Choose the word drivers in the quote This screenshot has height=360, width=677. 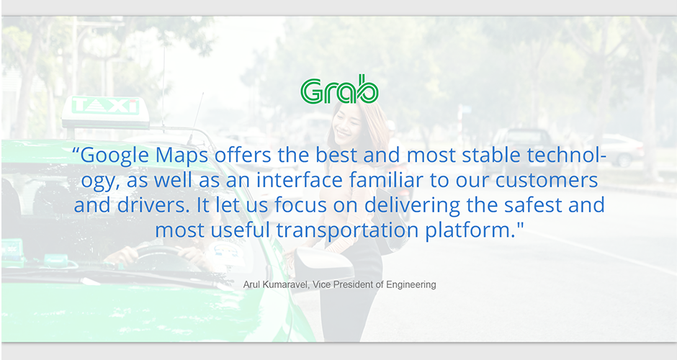(153, 204)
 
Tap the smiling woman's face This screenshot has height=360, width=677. (348, 123)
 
